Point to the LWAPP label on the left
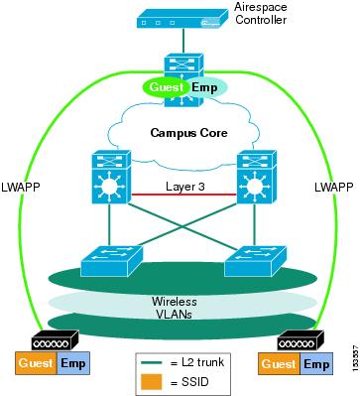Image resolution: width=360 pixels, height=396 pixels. [22, 186]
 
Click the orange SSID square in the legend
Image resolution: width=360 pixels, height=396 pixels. [152, 382]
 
